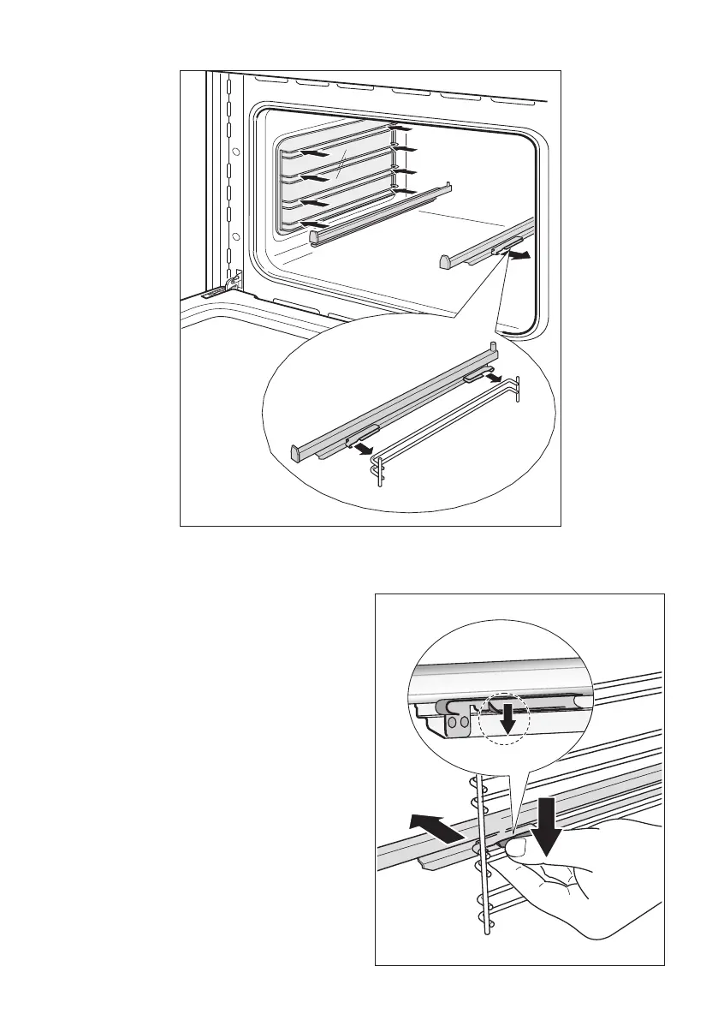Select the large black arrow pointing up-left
coord(435,827)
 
